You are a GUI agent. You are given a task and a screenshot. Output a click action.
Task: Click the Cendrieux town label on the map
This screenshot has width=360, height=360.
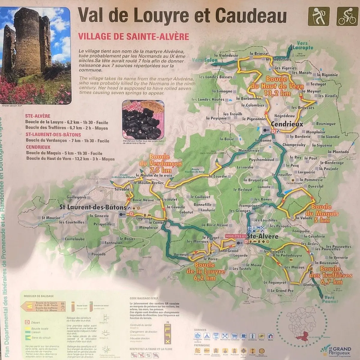(287, 124)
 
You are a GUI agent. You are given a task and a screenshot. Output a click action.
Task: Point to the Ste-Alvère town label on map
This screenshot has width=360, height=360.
(262, 236)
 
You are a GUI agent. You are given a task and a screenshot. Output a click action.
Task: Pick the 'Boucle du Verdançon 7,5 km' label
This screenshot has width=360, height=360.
(160, 163)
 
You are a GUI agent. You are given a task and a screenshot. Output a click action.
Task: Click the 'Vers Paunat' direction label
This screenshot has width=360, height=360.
(331, 299)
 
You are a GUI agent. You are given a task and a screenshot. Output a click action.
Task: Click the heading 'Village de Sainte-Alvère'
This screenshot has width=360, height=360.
(133, 37)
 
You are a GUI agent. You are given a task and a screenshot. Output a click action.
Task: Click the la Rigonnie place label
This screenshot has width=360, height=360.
(328, 75)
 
